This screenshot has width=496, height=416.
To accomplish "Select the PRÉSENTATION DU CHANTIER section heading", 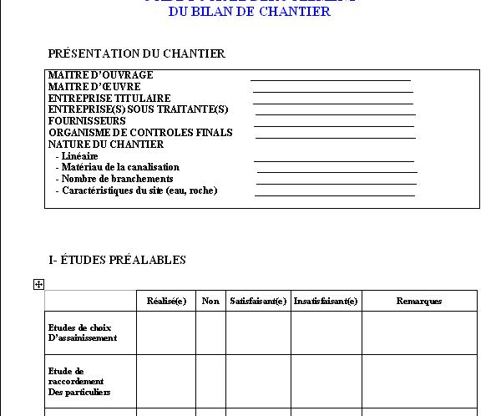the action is [136, 53].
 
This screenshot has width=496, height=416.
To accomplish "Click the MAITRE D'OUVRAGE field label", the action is [100, 75].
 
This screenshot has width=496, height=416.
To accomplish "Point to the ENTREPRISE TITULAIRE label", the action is [109, 99].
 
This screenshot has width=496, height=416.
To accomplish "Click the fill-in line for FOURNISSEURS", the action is [334, 126].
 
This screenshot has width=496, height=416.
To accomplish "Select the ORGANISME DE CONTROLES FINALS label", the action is [140, 133].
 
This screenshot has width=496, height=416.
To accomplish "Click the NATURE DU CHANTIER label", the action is [105, 145].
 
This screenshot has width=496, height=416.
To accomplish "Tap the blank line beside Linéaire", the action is [334, 160].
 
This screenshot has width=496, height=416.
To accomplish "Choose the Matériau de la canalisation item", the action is [120, 167].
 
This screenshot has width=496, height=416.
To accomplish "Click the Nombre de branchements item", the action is [117, 179].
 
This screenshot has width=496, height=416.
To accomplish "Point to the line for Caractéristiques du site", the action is [334, 195].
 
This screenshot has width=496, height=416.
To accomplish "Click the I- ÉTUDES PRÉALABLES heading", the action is [117, 260].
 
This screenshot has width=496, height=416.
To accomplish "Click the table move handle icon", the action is [38, 285].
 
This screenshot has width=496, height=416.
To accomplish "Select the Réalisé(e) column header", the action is [166, 301].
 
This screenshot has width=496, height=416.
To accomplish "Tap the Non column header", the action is [210, 301].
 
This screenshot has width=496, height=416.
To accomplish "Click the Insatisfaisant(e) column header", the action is [326, 301].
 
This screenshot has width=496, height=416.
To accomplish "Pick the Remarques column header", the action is [418, 301].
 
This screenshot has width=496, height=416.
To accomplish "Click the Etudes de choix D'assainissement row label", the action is [82, 332].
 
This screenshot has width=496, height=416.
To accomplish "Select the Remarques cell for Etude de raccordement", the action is [418, 381].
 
